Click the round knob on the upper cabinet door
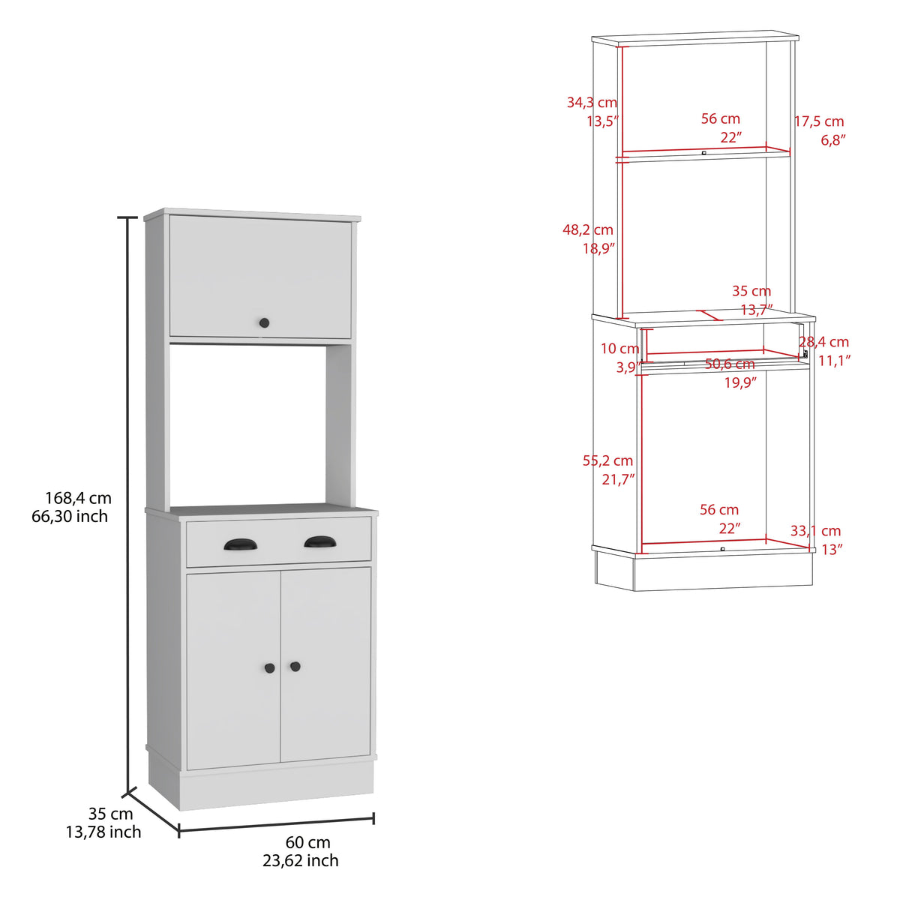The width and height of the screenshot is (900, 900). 264,322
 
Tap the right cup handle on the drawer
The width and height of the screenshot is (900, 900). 320,541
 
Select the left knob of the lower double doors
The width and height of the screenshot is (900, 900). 270,668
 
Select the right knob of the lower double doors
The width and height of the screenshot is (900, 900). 295,667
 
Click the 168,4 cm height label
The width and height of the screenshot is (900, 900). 78,498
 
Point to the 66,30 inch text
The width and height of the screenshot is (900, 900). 70,517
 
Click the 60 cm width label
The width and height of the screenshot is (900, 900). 307,842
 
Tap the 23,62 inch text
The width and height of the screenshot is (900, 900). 300,861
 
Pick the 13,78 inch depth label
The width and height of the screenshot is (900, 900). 103,832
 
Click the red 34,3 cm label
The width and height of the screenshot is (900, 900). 592,102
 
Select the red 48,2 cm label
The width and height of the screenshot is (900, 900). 587,229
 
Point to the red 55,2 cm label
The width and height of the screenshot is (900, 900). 607,460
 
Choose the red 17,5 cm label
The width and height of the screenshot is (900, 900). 819,121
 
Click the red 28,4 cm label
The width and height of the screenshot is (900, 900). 823,342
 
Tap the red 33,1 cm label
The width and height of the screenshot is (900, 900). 815,531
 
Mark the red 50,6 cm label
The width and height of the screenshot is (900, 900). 730,364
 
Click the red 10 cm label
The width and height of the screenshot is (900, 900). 619,349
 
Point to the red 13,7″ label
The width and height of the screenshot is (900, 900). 757,310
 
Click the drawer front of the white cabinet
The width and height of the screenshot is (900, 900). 279,541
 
